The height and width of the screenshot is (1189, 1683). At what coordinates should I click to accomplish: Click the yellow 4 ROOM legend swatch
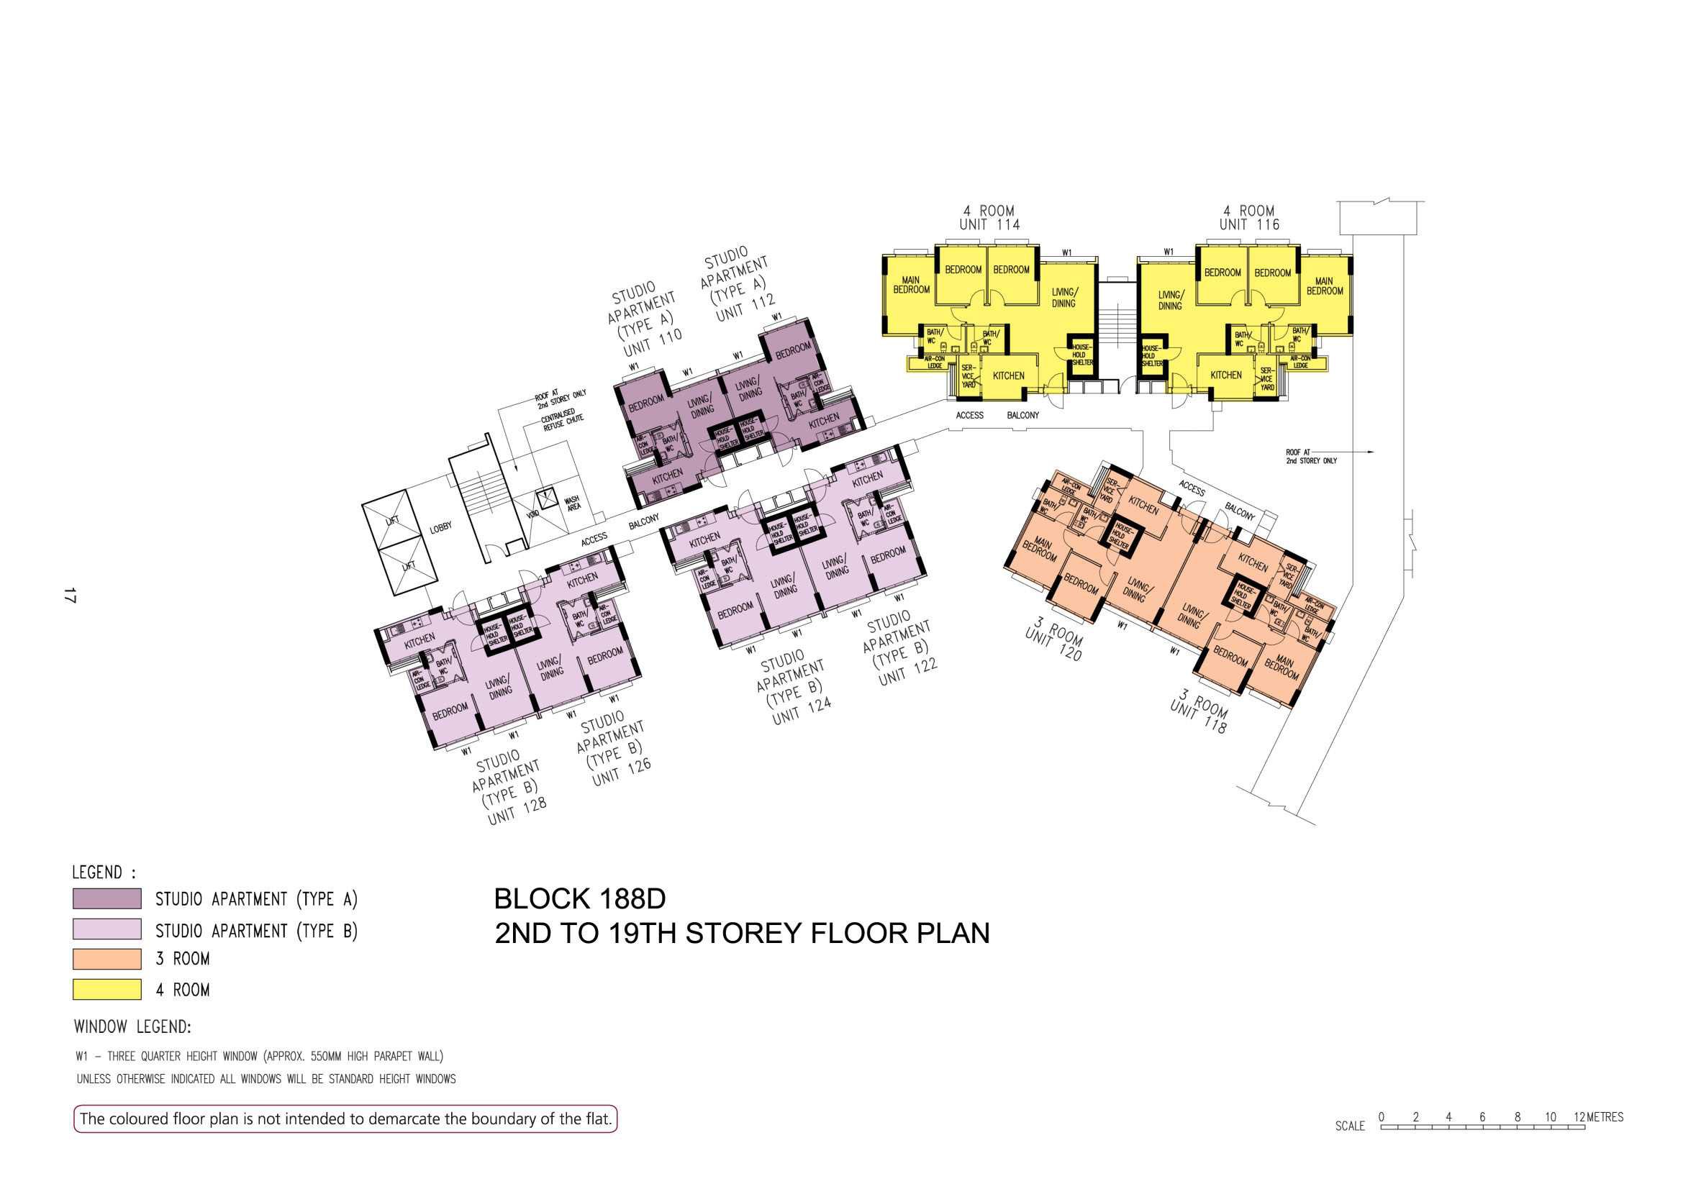[107, 989]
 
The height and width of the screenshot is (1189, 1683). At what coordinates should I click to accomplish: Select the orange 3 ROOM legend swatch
[107, 958]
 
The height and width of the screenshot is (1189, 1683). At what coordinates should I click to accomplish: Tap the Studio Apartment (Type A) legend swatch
[107, 898]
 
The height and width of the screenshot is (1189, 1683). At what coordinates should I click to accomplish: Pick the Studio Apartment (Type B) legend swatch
[107, 929]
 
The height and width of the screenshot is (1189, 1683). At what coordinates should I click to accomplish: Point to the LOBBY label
[441, 527]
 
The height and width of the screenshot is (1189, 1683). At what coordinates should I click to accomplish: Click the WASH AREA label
[573, 504]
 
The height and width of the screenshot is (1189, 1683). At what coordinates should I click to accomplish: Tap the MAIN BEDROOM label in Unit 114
[911, 285]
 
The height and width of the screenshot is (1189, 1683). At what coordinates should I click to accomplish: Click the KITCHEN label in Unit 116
[1225, 375]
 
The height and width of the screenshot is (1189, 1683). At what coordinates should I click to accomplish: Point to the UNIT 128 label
[517, 811]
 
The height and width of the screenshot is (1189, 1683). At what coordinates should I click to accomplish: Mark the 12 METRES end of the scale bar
[1584, 1127]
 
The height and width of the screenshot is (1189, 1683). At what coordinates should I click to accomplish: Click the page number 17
[70, 595]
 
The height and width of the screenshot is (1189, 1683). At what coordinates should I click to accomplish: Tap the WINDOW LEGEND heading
[132, 1027]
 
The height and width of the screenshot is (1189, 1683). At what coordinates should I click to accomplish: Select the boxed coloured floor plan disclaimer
[345, 1119]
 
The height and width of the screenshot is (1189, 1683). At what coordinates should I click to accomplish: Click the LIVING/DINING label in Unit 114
[1063, 298]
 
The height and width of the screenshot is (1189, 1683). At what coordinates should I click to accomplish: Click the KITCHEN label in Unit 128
[420, 641]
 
